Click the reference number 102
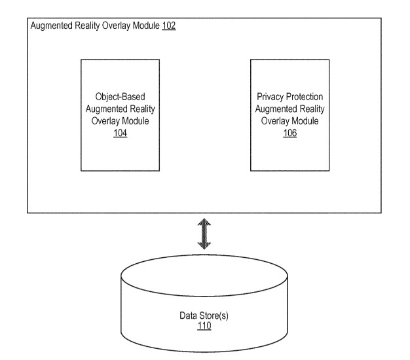point(169,27)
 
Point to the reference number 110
point(204,326)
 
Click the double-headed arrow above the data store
point(205,234)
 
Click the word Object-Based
point(120,96)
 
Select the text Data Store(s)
point(205,315)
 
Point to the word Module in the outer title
point(145,27)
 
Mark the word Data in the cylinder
point(188,315)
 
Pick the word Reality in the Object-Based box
point(141,109)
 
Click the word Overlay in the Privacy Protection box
point(275,121)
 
